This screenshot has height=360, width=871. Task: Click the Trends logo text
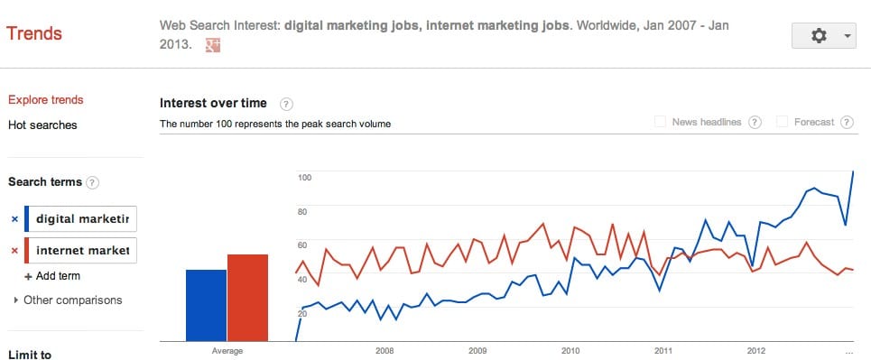pos(34,34)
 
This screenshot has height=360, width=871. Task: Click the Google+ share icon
pos(213,44)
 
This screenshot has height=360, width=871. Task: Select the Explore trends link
pos(45,100)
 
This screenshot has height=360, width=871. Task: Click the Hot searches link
pos(42,125)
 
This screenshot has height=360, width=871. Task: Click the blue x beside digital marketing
pos(14,219)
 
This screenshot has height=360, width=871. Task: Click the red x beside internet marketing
pos(14,250)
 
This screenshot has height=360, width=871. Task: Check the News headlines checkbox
pos(660,122)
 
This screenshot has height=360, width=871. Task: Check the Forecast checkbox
pos(783,122)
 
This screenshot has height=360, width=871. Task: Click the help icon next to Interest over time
pos(286,104)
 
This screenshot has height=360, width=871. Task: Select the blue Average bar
pos(205,305)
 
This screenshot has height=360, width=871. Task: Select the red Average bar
pos(247,298)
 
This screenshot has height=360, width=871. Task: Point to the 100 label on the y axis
pos(304,178)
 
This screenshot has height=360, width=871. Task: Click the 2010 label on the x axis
pos(570,350)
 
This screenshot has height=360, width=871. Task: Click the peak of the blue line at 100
pos(853,171)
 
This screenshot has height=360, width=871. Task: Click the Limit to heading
pos(30,355)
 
